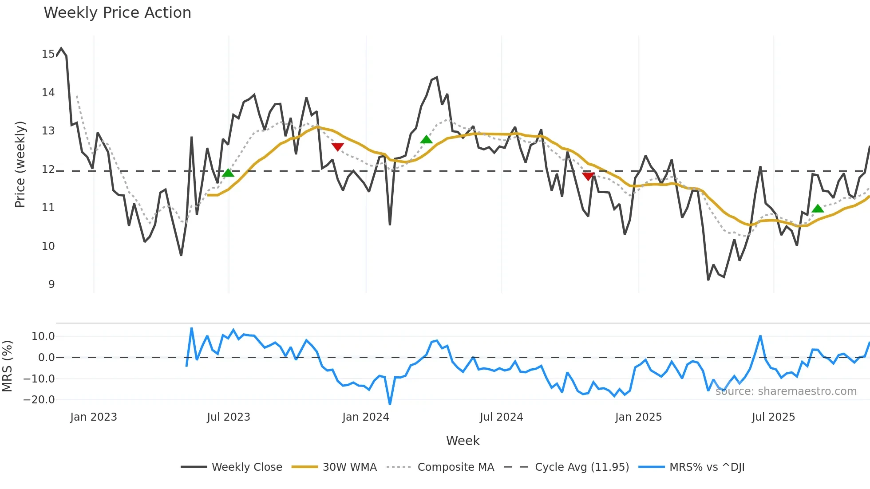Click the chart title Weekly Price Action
point(117,12)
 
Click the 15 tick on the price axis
point(48,54)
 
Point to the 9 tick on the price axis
point(51,284)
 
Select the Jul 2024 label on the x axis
point(501,417)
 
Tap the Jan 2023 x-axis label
point(94,417)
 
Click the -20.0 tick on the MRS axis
point(39,400)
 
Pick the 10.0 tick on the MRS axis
point(43,336)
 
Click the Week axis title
point(463,441)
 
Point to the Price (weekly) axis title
point(20,164)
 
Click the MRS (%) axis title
point(7,366)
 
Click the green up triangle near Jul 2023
point(228,173)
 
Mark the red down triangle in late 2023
point(337,147)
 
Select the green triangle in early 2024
point(426,140)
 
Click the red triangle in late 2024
point(588,176)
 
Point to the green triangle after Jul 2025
point(818,209)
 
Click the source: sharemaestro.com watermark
point(786,391)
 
